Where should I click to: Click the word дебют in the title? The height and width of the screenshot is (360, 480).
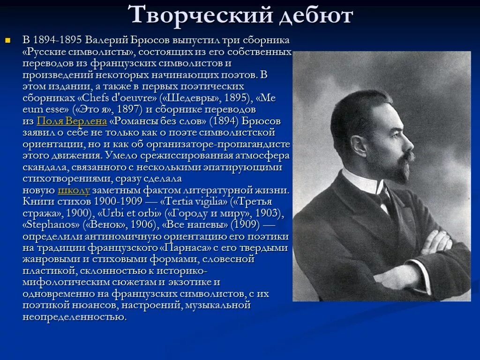pyautogui.click(x=315, y=15)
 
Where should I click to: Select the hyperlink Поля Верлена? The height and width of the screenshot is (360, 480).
pyautogui.click(x=72, y=121)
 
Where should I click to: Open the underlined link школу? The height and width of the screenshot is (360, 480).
pyautogui.click(x=74, y=191)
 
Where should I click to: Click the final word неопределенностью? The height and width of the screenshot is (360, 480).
pyautogui.click(x=74, y=317)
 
